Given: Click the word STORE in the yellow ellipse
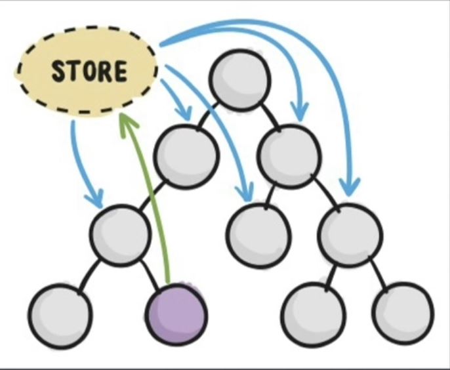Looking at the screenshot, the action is click(89, 71).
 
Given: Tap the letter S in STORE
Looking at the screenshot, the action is click(58, 71).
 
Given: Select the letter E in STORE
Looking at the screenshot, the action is click(120, 71).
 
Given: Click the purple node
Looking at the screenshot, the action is click(176, 314).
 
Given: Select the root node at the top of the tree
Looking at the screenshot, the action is click(240, 79).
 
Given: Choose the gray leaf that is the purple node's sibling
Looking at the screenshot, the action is click(60, 315).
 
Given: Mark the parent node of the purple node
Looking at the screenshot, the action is click(120, 236).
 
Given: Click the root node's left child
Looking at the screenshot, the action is click(186, 157).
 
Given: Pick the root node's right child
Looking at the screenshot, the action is click(289, 156).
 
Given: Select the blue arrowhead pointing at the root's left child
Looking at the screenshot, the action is click(184, 112).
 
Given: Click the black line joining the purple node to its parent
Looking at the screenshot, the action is click(150, 275).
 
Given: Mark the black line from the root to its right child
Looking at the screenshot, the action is click(270, 117).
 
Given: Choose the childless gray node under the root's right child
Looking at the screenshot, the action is click(258, 236).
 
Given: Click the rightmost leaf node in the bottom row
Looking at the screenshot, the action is click(403, 314).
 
